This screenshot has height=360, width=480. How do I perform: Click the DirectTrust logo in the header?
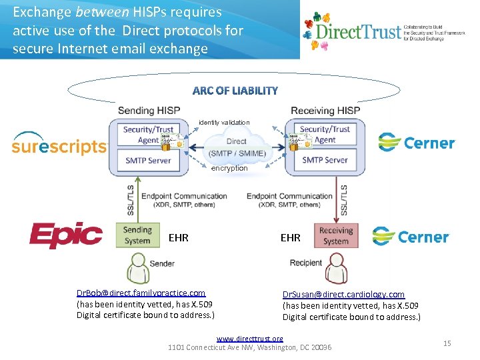(383, 31)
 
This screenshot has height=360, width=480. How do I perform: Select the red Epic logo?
(66, 235)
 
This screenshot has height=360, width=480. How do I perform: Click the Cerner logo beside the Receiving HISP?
(416, 143)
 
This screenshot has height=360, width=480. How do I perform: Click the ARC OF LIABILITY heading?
(235, 91)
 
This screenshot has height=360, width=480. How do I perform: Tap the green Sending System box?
(137, 235)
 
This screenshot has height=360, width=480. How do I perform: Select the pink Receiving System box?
(335, 235)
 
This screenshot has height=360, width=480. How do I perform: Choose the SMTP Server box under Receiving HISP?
(325, 160)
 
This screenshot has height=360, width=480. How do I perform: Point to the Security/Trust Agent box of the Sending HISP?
(147, 134)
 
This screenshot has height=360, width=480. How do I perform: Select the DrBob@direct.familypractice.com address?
(141, 293)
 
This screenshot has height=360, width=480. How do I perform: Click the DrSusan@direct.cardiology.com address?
(343, 294)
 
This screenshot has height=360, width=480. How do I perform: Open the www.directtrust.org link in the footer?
(249, 339)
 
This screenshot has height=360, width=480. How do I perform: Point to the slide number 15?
(447, 343)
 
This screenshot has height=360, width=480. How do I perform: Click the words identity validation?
(224, 123)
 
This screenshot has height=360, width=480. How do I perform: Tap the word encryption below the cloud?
(229, 169)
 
